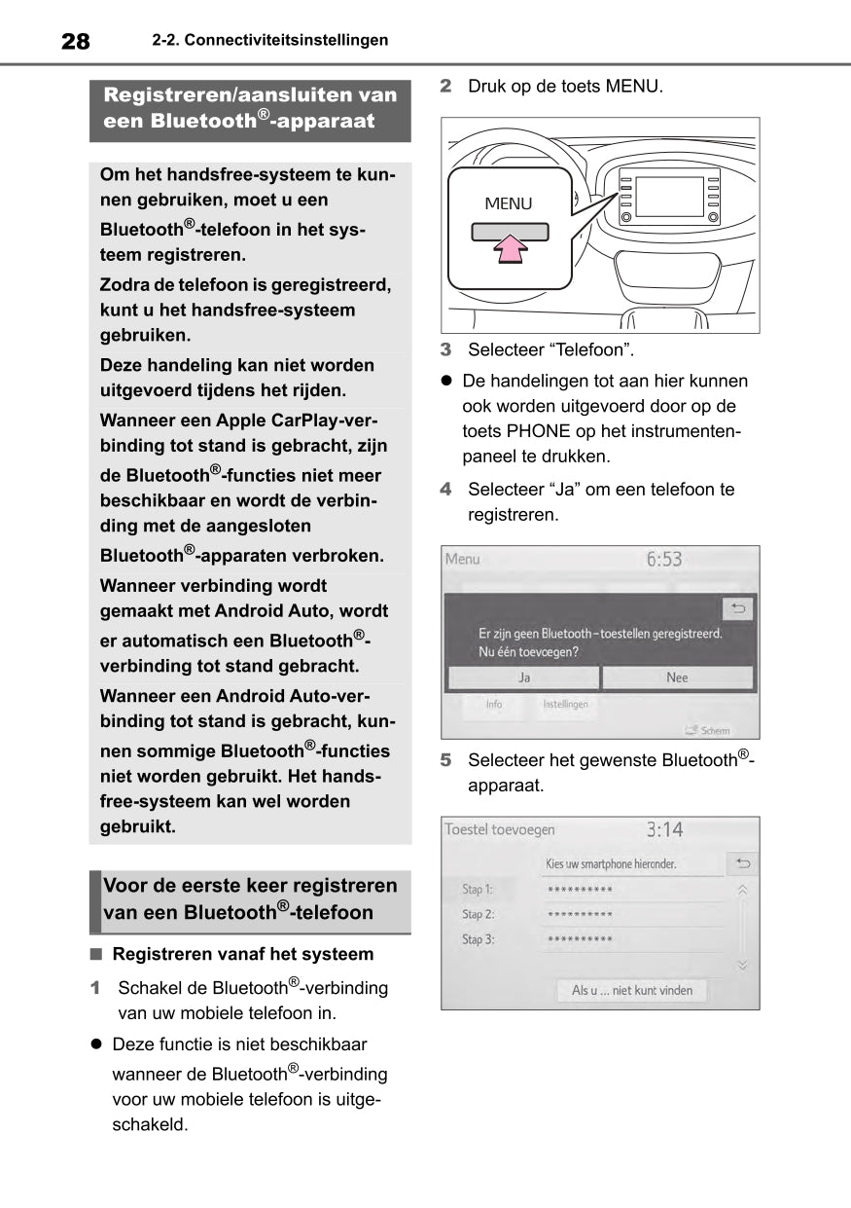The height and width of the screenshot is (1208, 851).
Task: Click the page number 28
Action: pyautogui.click(x=75, y=41)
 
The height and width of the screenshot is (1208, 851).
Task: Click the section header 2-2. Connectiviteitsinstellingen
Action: pyautogui.click(x=269, y=41)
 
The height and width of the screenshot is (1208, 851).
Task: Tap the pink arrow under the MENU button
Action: pyautogui.click(x=510, y=251)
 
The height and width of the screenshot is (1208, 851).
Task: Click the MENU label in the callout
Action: pyautogui.click(x=509, y=203)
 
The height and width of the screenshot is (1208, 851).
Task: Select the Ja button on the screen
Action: pyautogui.click(x=523, y=677)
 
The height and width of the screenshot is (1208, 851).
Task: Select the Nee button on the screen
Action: pyautogui.click(x=677, y=677)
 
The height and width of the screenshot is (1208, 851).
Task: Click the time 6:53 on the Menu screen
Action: pyautogui.click(x=664, y=560)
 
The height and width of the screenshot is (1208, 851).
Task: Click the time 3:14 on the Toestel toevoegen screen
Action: pyautogui.click(x=664, y=829)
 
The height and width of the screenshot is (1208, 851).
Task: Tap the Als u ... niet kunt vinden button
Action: pyautogui.click(x=632, y=990)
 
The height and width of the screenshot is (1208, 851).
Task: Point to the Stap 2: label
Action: pyautogui.click(x=478, y=914)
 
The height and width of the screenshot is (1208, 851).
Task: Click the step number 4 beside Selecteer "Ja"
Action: pyautogui.click(x=445, y=490)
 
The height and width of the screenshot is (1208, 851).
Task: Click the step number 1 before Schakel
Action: pyautogui.click(x=95, y=988)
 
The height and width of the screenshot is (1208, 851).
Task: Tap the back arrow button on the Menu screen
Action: pyautogui.click(x=738, y=609)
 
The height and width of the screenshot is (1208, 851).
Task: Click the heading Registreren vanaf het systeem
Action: pyautogui.click(x=242, y=954)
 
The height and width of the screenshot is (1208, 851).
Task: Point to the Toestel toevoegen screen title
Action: pyautogui.click(x=500, y=829)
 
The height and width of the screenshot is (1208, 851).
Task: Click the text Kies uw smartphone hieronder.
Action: pyautogui.click(x=611, y=863)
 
